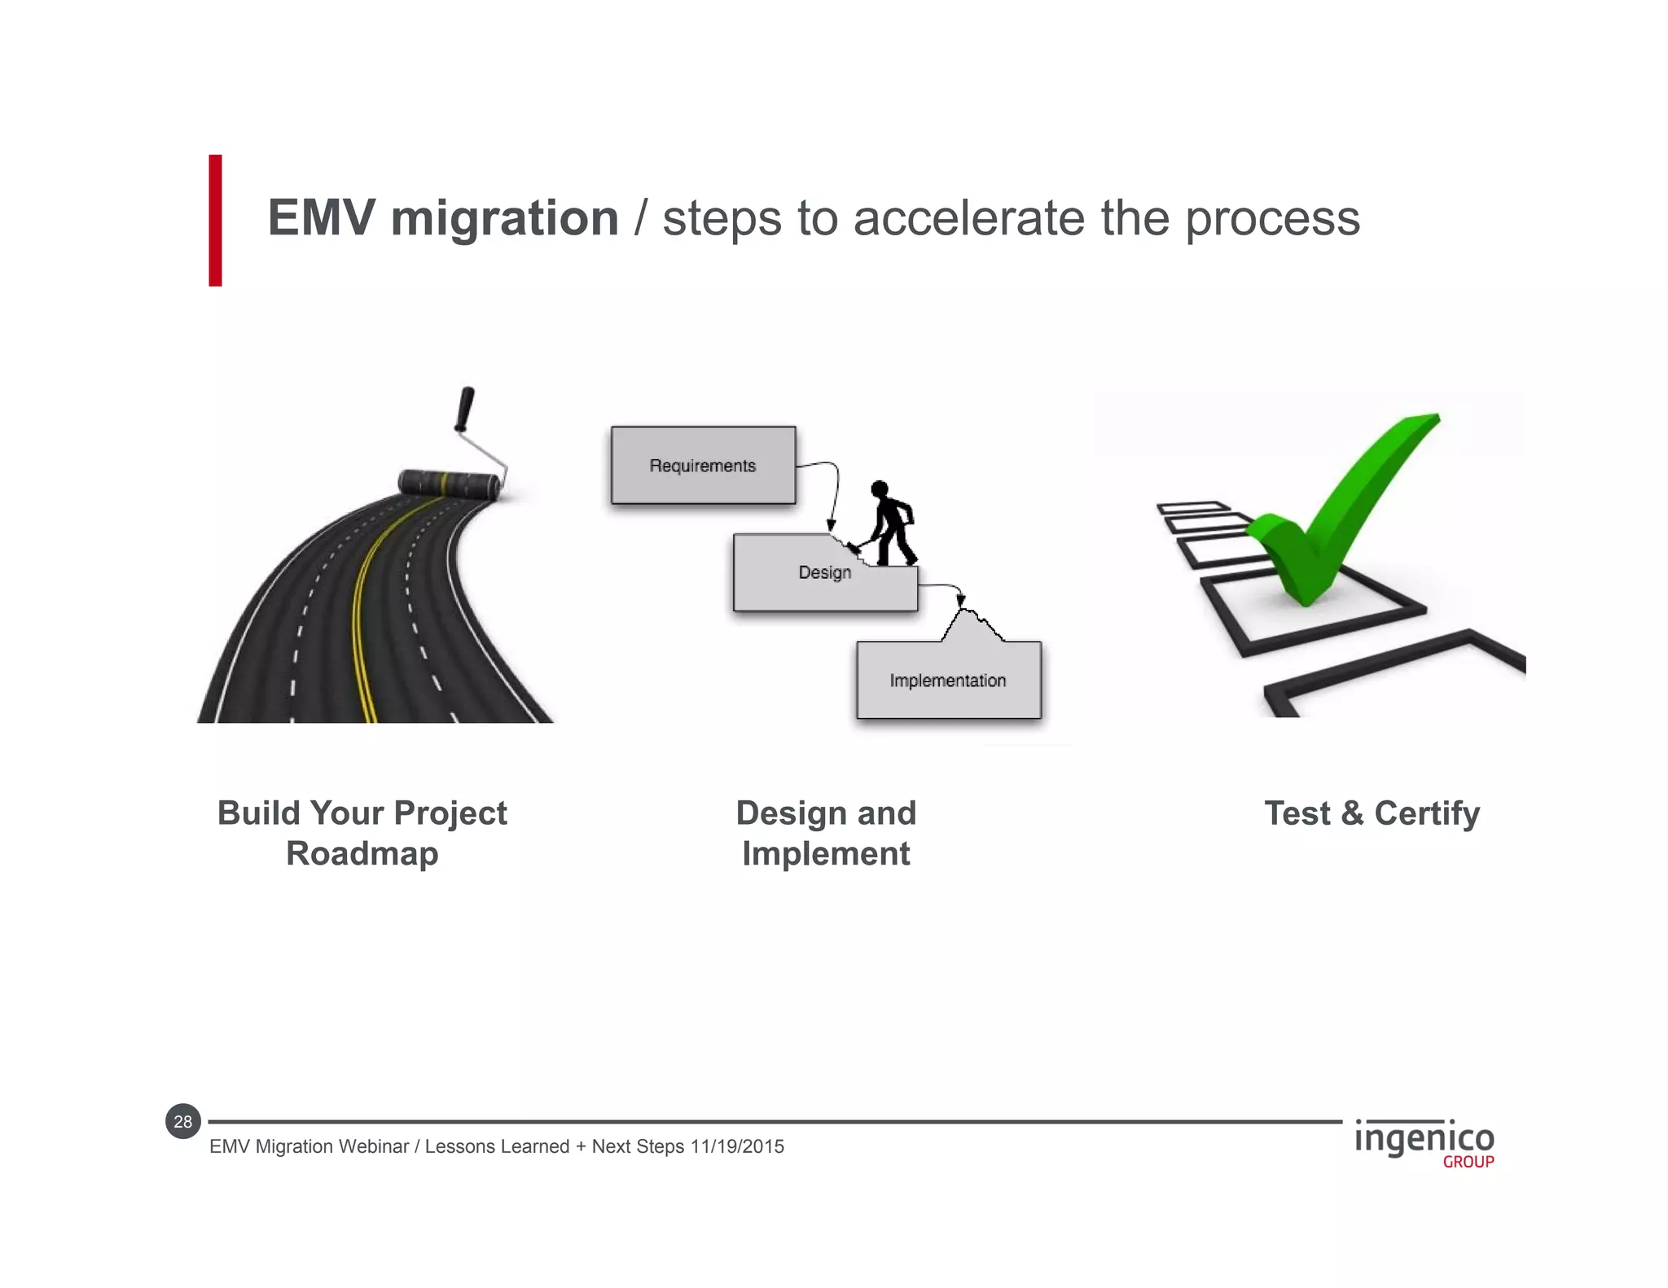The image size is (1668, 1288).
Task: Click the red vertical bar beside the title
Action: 215,220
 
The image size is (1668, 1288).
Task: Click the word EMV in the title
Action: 321,218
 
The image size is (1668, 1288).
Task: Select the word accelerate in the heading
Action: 969,218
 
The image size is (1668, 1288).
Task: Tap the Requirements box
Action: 703,465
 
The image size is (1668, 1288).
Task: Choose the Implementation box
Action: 948,681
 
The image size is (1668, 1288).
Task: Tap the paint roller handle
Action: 465,407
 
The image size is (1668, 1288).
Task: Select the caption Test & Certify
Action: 1372,813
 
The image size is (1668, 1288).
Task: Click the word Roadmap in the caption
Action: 362,854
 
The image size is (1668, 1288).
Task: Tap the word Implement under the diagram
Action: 826,854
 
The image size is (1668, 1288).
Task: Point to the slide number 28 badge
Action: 183,1121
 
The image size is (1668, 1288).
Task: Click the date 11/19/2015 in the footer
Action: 737,1146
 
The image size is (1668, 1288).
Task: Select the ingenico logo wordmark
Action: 1424,1137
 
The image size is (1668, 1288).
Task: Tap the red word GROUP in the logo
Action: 1468,1162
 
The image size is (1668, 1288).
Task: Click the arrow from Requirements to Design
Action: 834,488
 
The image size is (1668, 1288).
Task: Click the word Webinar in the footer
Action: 373,1146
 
